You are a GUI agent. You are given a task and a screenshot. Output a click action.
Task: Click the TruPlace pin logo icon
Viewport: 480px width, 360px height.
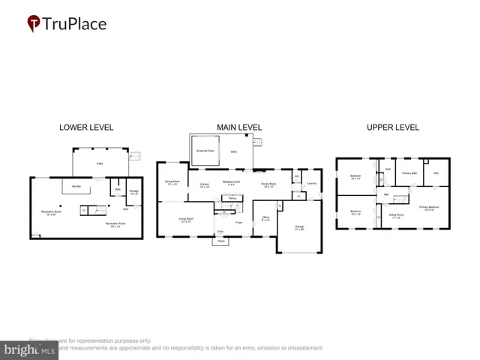click(34, 24)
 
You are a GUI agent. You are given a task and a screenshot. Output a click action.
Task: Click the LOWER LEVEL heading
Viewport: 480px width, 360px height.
click(85, 127)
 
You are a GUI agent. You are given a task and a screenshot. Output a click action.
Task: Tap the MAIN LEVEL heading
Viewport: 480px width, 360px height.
click(239, 127)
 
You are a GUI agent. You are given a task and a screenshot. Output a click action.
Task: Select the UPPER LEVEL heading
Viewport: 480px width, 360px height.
click(392, 127)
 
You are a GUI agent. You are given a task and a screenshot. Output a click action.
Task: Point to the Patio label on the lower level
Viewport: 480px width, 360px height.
click(99, 163)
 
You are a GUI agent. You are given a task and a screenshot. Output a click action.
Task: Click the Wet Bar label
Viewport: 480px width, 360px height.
click(76, 185)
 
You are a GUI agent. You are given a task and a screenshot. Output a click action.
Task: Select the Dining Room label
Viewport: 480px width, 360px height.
click(171, 182)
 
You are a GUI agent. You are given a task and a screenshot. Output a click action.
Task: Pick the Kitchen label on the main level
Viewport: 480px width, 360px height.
click(204, 184)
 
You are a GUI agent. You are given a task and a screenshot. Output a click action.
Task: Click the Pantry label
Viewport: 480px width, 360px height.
click(232, 199)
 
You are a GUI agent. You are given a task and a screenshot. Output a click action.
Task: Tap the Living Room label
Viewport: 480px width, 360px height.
click(186, 220)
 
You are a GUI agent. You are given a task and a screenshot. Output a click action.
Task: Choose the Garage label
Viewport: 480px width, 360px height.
click(299, 227)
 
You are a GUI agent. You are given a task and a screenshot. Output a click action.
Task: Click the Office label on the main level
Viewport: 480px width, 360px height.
click(265, 218)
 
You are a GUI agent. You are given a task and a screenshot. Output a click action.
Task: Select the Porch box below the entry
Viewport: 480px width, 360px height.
click(220, 241)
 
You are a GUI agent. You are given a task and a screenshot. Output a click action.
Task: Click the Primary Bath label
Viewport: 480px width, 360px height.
click(409, 173)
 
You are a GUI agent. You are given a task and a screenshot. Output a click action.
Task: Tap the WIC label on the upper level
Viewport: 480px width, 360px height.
click(436, 173)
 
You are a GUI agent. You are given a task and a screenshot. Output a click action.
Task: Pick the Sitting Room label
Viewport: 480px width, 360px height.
click(395, 215)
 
